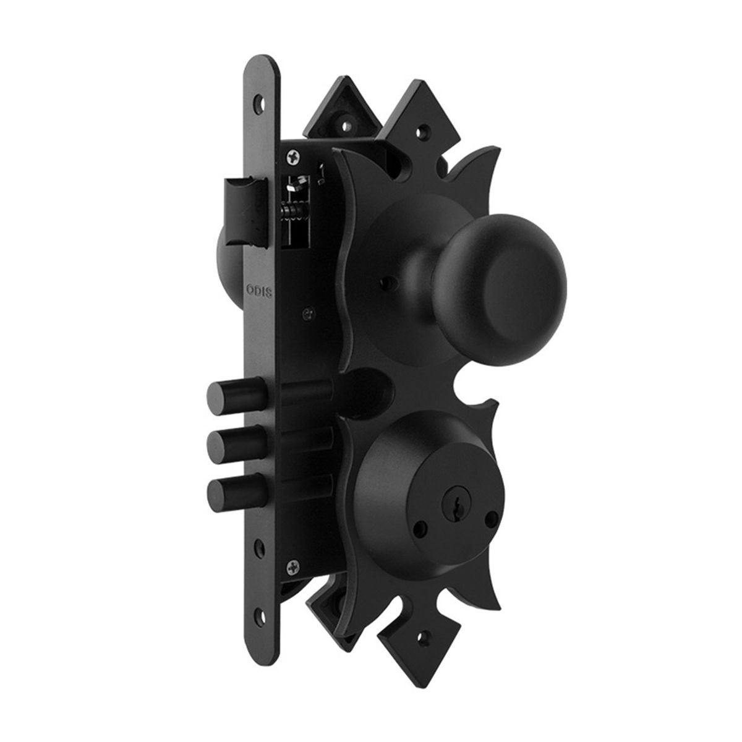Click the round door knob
coord(501,289)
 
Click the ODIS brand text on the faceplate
coord(259,291)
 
